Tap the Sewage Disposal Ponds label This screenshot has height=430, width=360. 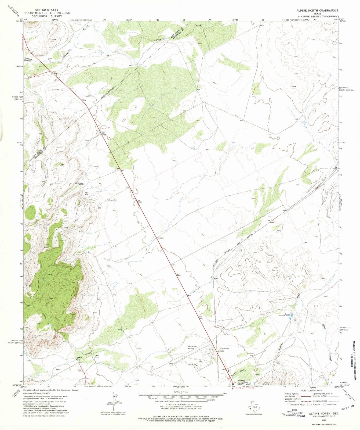coord(285,315)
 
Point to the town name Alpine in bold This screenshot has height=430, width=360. coord(242,381)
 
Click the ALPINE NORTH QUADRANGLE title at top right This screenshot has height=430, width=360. coord(313,10)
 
